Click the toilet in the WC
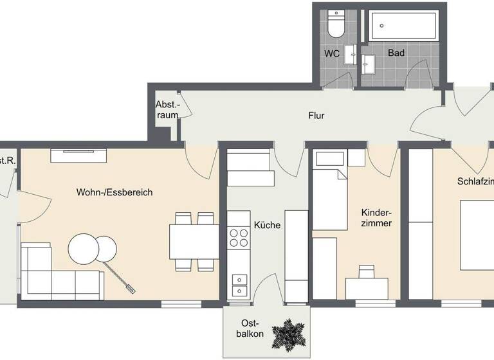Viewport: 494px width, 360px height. click(x=335, y=24)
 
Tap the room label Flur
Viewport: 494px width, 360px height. click(x=316, y=116)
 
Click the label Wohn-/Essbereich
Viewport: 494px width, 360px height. click(x=114, y=192)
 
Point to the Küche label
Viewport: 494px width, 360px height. click(x=267, y=225)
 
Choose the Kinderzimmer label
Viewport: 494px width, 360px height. click(x=377, y=217)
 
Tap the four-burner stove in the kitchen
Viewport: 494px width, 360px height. click(x=239, y=237)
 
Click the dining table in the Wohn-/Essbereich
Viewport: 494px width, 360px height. click(x=194, y=241)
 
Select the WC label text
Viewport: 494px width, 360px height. click(x=332, y=53)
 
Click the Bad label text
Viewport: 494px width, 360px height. click(x=396, y=53)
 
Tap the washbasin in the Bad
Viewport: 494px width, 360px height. click(x=369, y=63)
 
